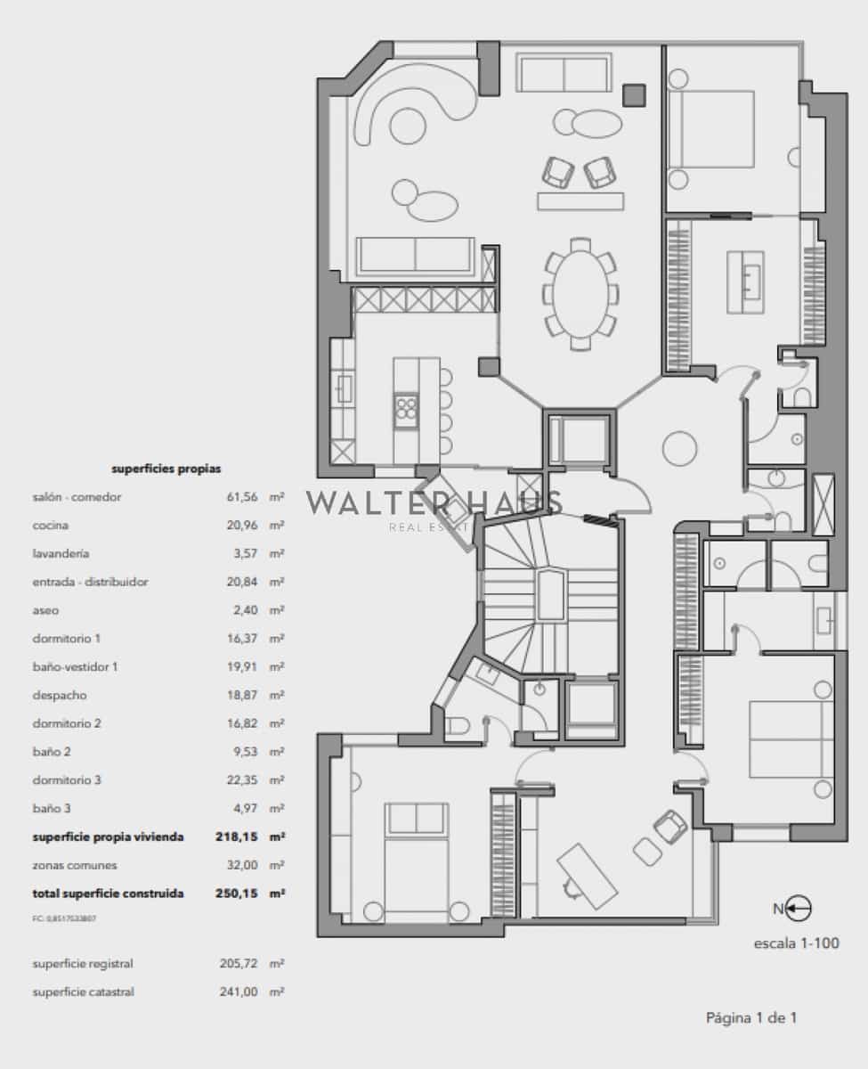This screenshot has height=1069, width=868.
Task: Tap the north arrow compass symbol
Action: pyautogui.click(x=792, y=909)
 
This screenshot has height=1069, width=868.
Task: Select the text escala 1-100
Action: pyautogui.click(x=796, y=943)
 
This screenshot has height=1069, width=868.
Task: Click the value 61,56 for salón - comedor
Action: pyautogui.click(x=242, y=497)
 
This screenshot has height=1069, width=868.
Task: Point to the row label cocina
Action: pyautogui.click(x=51, y=526)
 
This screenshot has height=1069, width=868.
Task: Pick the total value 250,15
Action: pyautogui.click(x=237, y=893)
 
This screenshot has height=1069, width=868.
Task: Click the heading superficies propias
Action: pyautogui.click(x=166, y=468)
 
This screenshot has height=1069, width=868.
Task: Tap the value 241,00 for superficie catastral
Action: pyautogui.click(x=238, y=991)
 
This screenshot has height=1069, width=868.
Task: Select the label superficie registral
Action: pyautogui.click(x=83, y=964)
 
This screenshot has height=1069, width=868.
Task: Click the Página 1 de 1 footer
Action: pyautogui.click(x=750, y=1017)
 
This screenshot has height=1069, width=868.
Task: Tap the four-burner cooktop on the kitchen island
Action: pyautogui.click(x=406, y=410)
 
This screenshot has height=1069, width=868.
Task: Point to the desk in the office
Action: pyautogui.click(x=587, y=873)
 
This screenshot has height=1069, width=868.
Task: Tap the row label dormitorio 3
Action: pyautogui.click(x=67, y=780)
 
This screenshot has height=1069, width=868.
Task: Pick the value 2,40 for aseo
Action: pyautogui.click(x=245, y=610)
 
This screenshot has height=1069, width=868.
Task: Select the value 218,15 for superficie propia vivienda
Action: pyautogui.click(x=237, y=836)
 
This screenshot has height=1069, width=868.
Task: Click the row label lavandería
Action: pyautogui.click(x=61, y=553)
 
